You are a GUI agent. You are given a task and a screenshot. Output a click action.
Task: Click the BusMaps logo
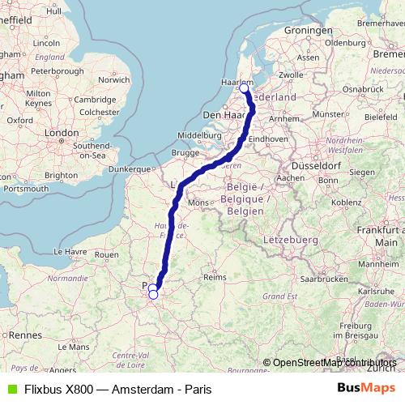click(366, 388)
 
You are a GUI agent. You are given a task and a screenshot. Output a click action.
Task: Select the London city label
click(62, 132)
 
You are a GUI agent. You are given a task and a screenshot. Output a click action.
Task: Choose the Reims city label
click(215, 276)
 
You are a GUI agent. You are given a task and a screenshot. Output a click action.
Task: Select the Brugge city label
click(185, 152)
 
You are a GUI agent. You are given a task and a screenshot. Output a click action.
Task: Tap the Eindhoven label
click(268, 139)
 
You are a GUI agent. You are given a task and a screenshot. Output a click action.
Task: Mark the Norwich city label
click(114, 79)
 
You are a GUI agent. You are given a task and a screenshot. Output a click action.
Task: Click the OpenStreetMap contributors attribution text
click(335, 363)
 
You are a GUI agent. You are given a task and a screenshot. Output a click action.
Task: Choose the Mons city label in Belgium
click(197, 202)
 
